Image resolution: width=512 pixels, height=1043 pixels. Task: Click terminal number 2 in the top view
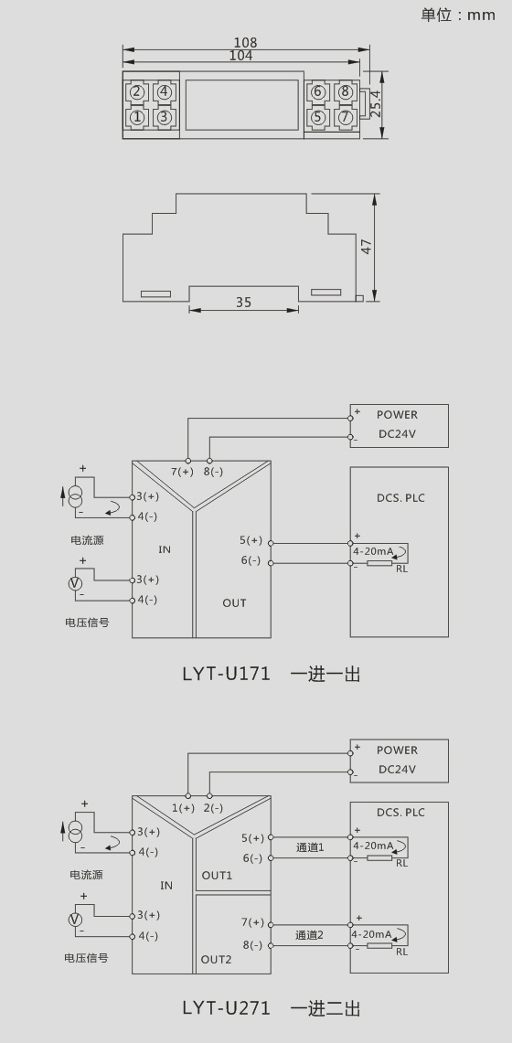point(136,92)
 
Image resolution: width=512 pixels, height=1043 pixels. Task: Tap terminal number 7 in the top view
point(345,117)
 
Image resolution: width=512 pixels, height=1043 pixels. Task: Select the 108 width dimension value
point(245,43)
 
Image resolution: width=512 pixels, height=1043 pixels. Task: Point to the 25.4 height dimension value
point(376,104)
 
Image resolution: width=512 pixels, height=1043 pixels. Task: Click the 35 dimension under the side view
point(244,302)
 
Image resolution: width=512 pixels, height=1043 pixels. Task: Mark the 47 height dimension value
point(367,246)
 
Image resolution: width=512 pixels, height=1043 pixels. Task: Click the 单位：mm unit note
point(458,15)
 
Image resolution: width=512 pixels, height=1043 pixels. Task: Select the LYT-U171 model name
point(226,674)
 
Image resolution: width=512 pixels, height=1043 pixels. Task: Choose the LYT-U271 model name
point(226,1007)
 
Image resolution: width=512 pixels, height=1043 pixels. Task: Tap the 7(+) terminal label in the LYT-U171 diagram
point(182,472)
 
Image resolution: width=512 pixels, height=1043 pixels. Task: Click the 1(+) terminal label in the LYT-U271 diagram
point(183,807)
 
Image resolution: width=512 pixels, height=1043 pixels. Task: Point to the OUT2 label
point(216,959)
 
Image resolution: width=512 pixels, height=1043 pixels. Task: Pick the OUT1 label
point(217,876)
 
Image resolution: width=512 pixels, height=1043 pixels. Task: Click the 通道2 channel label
point(309,934)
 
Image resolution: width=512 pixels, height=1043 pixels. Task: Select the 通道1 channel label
point(309,846)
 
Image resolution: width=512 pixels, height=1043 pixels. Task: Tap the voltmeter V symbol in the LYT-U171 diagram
point(76,582)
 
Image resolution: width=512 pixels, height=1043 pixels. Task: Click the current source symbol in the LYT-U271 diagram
point(76,831)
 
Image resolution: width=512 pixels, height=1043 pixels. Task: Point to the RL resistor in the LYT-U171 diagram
point(379,564)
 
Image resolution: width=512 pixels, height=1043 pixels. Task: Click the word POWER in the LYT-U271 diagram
point(397,750)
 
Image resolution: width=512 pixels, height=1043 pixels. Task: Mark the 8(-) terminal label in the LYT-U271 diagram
point(252,944)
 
